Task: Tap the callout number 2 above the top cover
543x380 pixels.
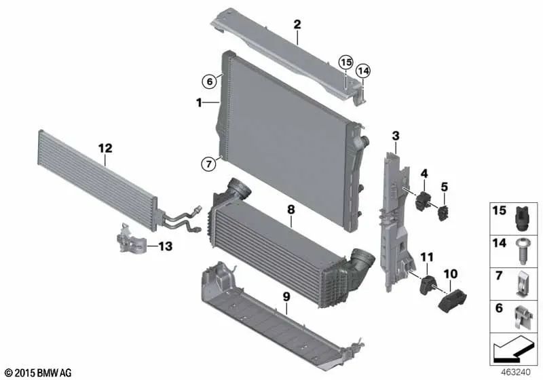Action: (x=297, y=26)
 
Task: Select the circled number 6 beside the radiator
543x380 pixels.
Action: (x=210, y=81)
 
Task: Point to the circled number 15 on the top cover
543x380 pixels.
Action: (x=346, y=62)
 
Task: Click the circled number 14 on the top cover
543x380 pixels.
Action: (x=363, y=70)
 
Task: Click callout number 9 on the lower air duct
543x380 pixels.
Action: (x=286, y=297)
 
